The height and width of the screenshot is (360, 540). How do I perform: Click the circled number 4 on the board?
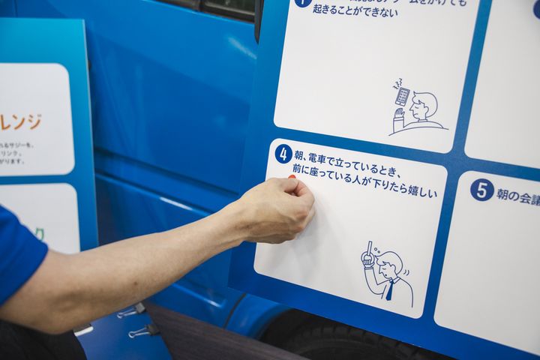click(x=283, y=154)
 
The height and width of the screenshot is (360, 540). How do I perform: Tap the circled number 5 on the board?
click(x=481, y=190)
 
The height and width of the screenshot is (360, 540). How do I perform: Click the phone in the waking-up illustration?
click(x=403, y=96)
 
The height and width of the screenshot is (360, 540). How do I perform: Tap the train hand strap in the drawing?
click(x=367, y=256)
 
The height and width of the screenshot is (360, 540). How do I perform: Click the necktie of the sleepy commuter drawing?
click(x=389, y=289)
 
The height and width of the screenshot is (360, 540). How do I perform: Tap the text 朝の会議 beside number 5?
click(x=517, y=196)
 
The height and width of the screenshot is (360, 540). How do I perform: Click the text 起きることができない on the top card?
click(x=352, y=12)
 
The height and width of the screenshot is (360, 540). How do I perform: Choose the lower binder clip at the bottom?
click(x=143, y=330)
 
